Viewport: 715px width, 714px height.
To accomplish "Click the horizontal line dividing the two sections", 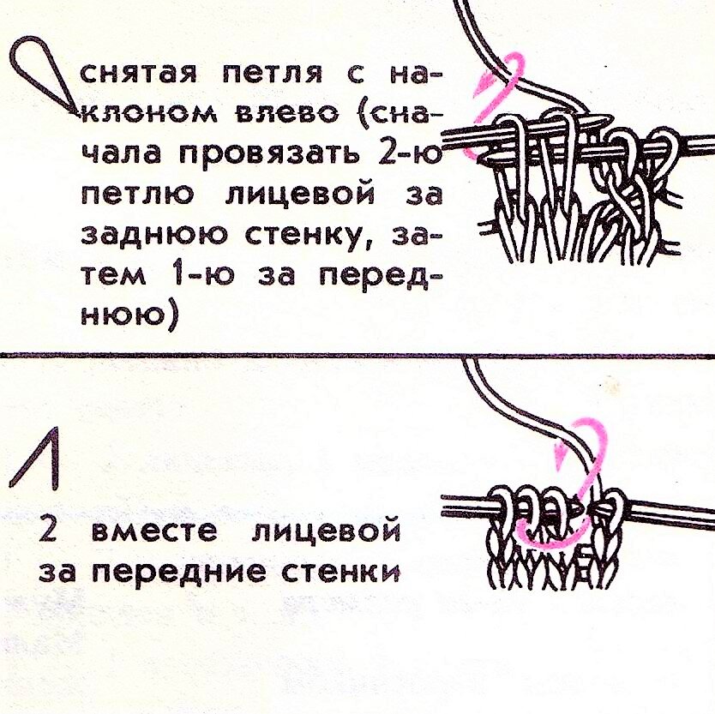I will [357, 354].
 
